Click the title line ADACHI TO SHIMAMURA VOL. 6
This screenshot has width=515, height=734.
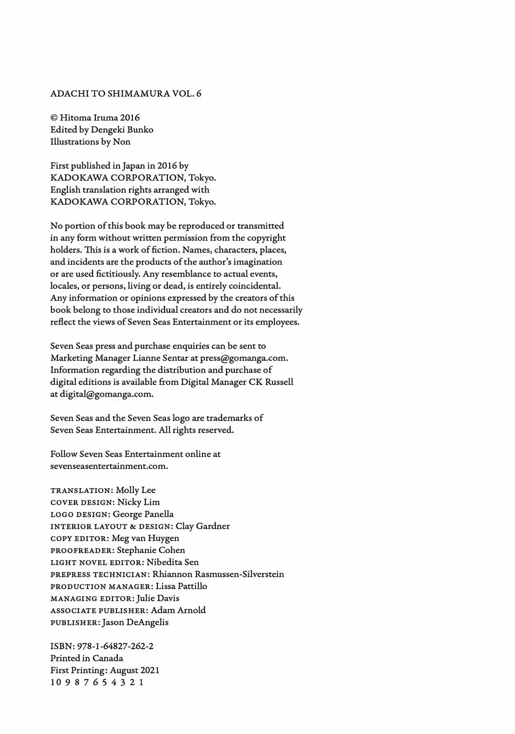(126, 94)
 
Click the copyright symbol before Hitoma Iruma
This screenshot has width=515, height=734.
(54, 118)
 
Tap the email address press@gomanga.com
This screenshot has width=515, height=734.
(244, 358)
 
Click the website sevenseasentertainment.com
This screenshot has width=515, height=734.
(109, 466)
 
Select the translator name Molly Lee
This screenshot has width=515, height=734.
(135, 490)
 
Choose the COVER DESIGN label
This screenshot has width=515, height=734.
(82, 502)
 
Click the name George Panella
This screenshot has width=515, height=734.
(143, 514)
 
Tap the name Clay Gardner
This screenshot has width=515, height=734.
(203, 526)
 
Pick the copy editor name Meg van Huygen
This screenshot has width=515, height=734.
(145, 538)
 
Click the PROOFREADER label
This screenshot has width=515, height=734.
(82, 550)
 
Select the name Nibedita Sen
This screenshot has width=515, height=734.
(173, 562)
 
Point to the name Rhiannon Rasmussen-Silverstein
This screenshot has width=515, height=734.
(218, 574)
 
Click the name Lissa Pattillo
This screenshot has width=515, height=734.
(181, 586)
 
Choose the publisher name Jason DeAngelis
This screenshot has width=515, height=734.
(135, 622)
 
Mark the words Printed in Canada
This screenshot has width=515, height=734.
(87, 658)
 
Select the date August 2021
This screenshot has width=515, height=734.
(134, 670)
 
